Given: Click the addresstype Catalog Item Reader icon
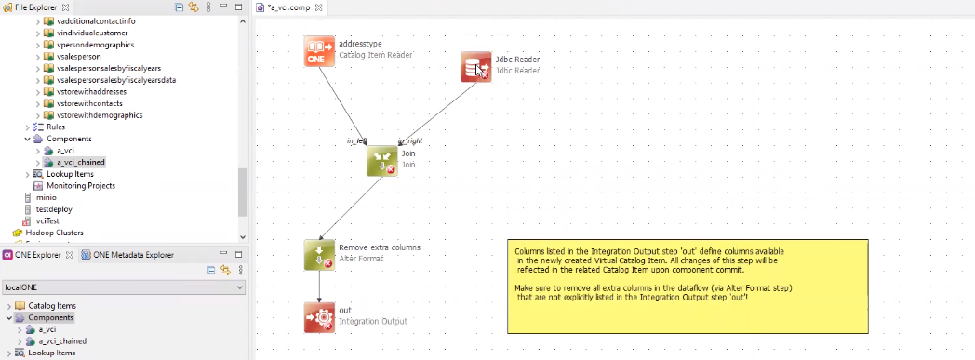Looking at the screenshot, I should coord(319,50).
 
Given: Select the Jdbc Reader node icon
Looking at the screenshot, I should coord(476,66).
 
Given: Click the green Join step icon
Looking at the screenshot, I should coord(382,160).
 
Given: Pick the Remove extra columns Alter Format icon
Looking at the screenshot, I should coord(319,255).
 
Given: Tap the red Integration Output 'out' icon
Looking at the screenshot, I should coord(319,316).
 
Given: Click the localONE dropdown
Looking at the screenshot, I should coord(124,288).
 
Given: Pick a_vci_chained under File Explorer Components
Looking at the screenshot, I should coord(80,162).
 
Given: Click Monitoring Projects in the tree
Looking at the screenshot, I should coord(80,185).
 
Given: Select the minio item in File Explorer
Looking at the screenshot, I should coord(46,197).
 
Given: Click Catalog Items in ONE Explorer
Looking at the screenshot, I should coord(51,305).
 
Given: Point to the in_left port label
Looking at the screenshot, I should coord(357,140).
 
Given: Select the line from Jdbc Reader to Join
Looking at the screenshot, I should coord(437,105).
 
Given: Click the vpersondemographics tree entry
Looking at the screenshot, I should coord(95,44).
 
